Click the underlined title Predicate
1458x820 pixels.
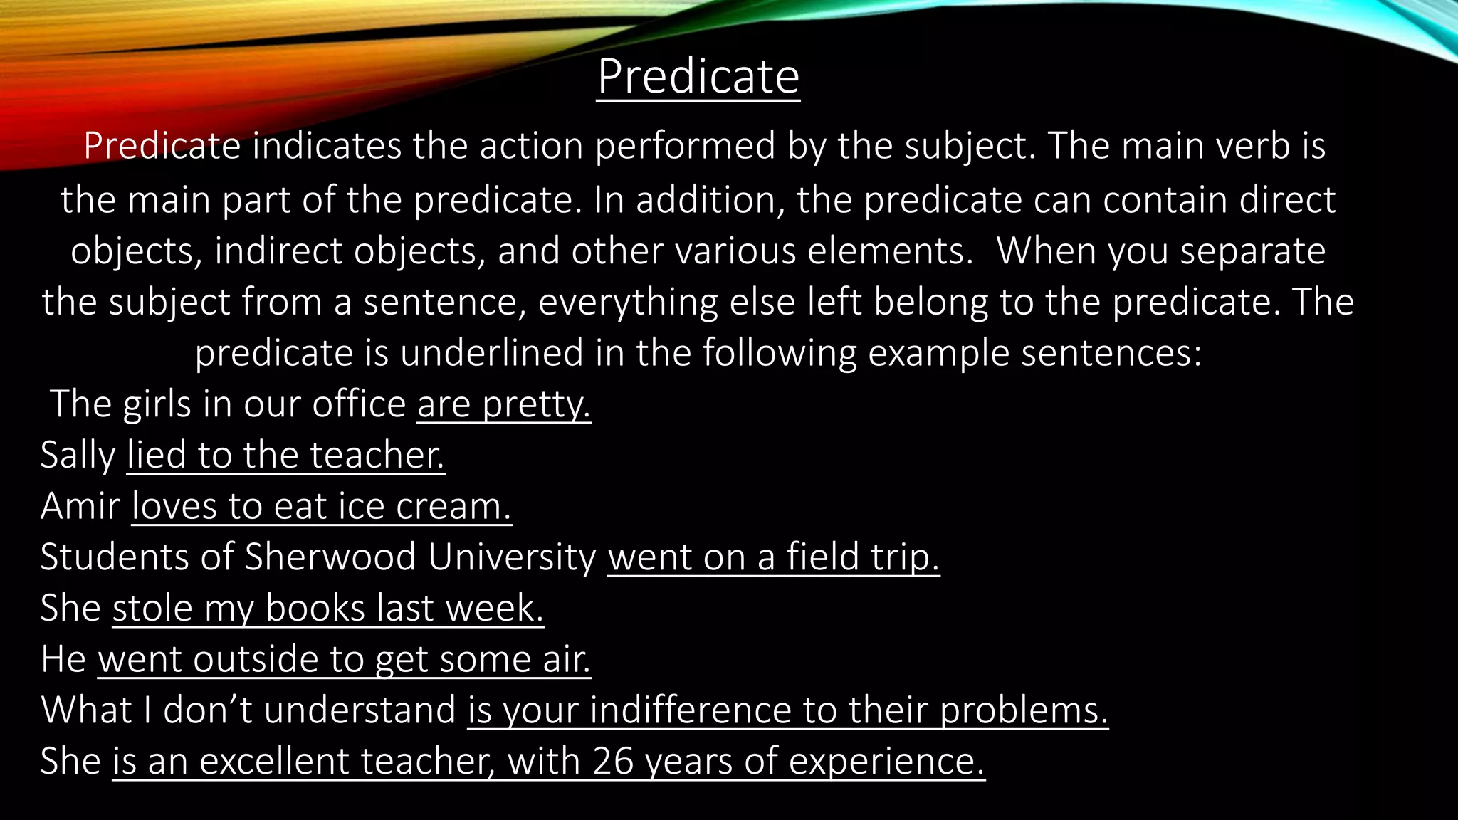point(698,76)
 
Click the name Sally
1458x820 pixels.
point(78,456)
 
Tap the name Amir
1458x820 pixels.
point(80,507)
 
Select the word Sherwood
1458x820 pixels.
point(330,557)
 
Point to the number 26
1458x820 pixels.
point(613,762)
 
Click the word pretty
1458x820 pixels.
point(536,405)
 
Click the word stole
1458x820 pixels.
point(152,609)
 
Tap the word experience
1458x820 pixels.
point(886,762)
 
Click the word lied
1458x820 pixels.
point(157,456)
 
